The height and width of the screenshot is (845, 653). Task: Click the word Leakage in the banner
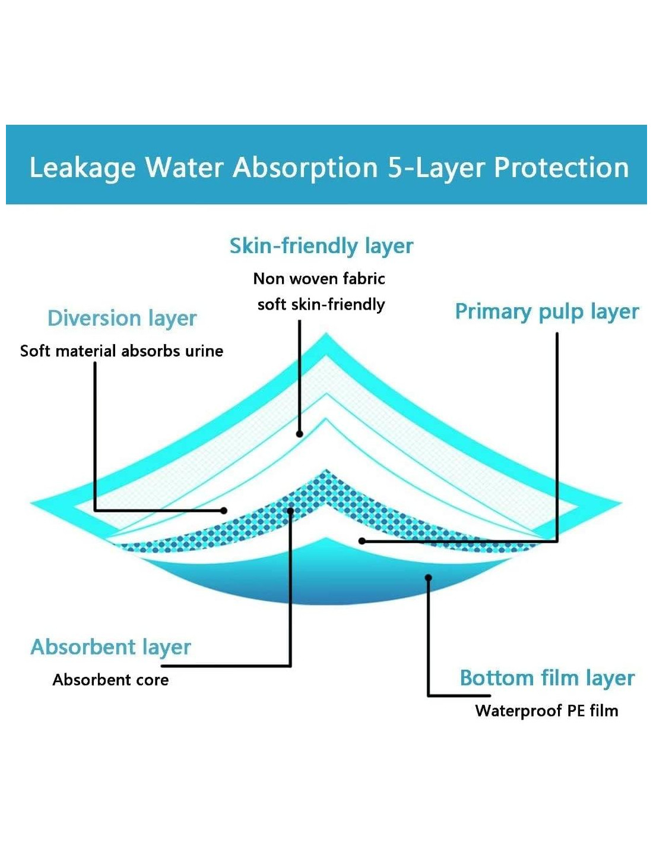point(83,168)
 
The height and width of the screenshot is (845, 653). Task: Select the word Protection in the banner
point(561,168)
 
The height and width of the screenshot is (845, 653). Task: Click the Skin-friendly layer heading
point(321,246)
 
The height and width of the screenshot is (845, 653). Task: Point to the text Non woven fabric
point(319,279)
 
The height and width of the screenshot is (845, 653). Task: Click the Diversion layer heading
point(122,319)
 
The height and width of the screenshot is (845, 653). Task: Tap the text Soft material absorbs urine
point(122,351)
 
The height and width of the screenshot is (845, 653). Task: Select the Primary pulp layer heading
point(547,312)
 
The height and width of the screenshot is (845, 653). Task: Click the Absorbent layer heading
point(111,647)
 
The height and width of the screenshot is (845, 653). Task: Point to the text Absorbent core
point(110,680)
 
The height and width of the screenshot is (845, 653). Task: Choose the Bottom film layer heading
point(547,678)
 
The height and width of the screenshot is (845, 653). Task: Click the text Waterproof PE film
point(546,711)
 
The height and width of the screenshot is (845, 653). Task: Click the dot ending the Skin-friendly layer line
point(300,434)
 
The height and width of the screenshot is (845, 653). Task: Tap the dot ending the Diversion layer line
point(224,510)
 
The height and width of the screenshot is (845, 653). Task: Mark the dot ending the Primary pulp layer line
point(362,541)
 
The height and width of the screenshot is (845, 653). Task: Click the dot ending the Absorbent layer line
point(290,510)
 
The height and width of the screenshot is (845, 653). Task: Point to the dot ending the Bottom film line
point(428,577)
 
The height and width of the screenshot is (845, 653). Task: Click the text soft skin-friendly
point(321,305)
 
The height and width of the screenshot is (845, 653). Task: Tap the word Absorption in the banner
point(305,168)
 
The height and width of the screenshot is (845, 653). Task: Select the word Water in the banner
point(185,168)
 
